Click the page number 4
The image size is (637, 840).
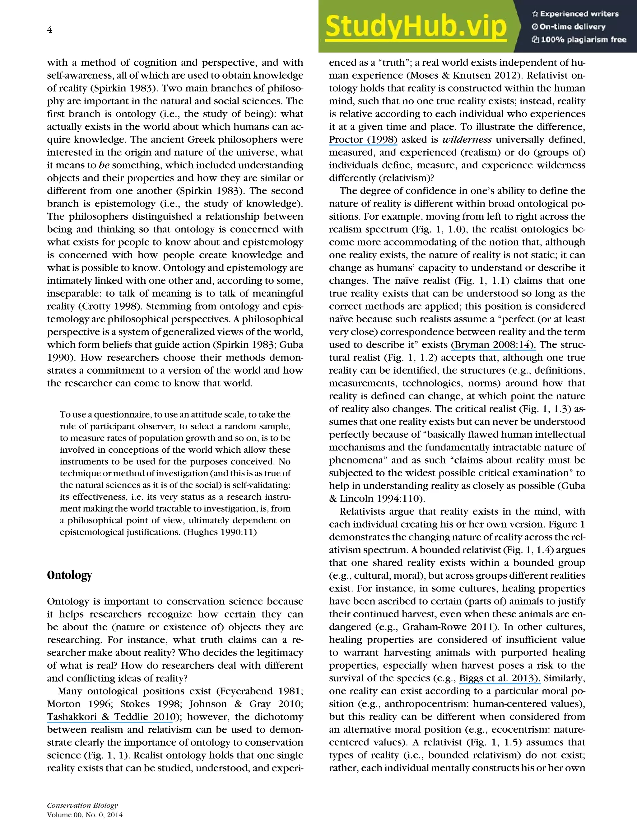click(50, 30)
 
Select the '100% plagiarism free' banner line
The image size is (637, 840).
click(579, 40)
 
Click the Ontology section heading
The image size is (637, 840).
click(69, 575)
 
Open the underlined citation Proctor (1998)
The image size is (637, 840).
click(363, 139)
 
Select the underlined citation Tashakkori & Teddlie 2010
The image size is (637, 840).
click(109, 716)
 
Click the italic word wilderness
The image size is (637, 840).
click(467, 139)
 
